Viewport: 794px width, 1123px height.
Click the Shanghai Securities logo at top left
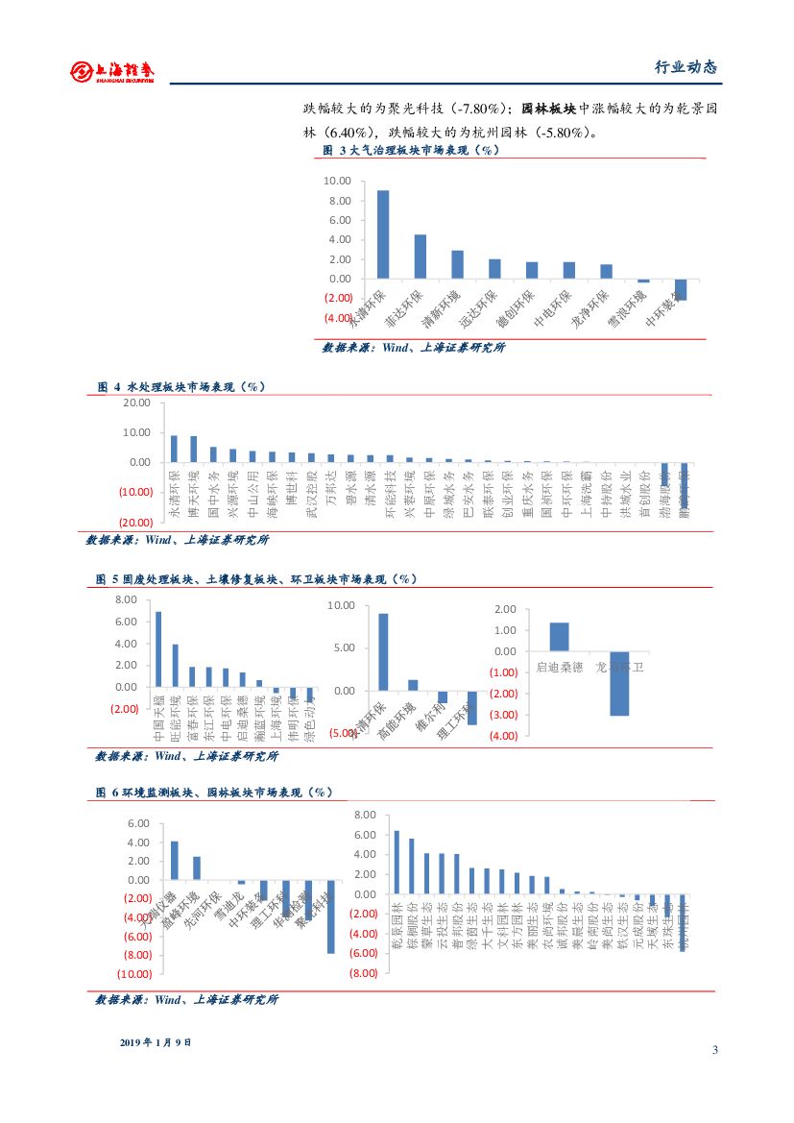(115, 71)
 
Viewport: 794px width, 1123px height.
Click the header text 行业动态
(686, 67)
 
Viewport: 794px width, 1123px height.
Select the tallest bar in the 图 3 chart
(383, 234)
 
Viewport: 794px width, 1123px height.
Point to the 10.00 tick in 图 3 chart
(338, 181)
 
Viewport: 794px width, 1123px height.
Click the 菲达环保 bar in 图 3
(420, 256)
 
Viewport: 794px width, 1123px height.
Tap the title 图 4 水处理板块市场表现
(181, 386)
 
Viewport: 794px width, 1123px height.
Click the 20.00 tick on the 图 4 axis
(136, 403)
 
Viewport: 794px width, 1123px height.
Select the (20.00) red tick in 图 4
(135, 522)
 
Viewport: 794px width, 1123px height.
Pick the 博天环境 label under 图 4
(193, 494)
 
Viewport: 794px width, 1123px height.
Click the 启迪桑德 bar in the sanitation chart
(559, 637)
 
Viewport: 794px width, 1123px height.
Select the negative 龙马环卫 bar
(619, 683)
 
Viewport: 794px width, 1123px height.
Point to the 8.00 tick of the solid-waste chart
(126, 599)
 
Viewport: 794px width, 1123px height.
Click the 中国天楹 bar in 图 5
(158, 649)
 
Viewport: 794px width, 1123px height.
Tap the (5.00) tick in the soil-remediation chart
(342, 733)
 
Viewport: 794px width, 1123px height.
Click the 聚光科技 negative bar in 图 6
(330, 916)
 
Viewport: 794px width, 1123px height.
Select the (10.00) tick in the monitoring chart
(133, 973)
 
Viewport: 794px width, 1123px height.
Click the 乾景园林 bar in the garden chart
(397, 863)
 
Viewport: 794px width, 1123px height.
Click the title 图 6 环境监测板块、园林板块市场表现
(214, 793)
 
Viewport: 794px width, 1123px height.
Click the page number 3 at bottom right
(715, 1049)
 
